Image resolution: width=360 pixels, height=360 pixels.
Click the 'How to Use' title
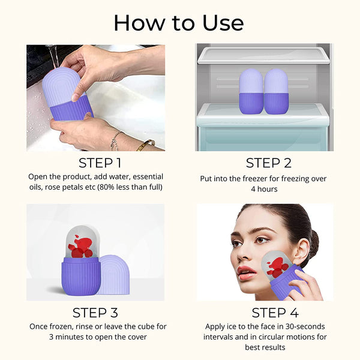tap(179, 23)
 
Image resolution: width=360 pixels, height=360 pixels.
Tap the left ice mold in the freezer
tap(251, 91)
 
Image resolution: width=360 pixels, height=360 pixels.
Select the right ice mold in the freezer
tap(276, 91)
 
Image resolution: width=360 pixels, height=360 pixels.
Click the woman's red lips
tap(247, 272)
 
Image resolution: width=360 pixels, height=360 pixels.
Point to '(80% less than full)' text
tap(127, 188)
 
